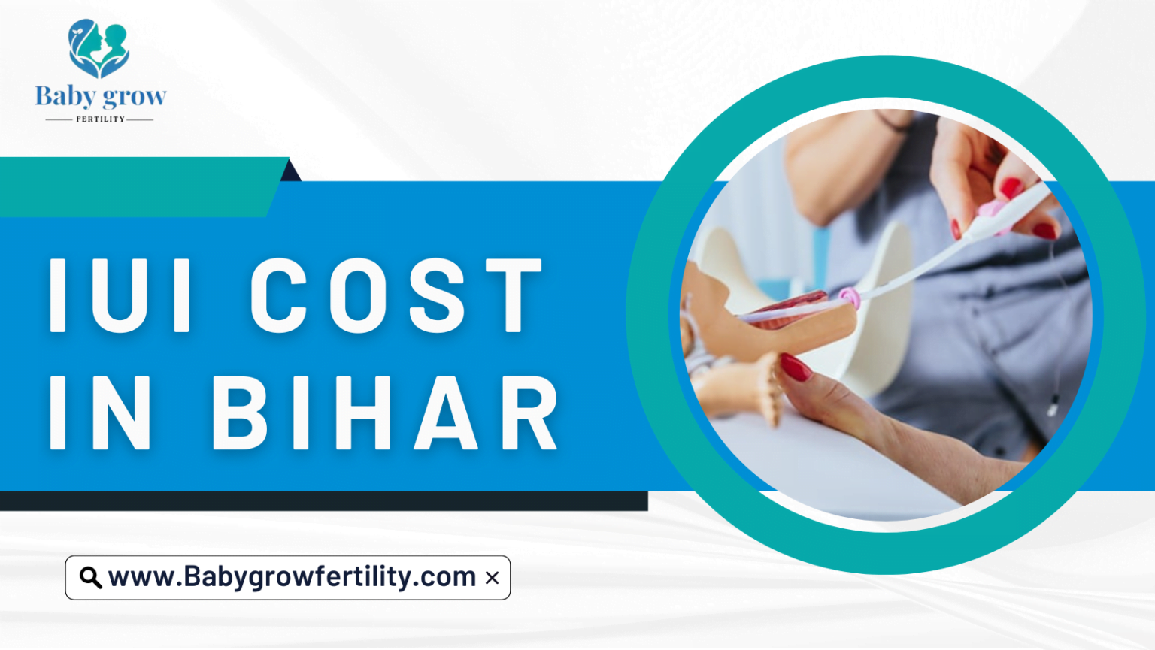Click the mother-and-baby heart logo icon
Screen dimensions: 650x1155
(x=99, y=49)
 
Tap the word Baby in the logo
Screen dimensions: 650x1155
(x=65, y=97)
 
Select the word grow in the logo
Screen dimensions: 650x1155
(x=135, y=97)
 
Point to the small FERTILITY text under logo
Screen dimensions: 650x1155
(x=100, y=119)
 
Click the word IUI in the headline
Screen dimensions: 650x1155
(x=121, y=295)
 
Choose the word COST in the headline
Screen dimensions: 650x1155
(x=396, y=295)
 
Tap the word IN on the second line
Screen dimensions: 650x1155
(x=101, y=413)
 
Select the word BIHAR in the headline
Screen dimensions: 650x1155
(x=385, y=413)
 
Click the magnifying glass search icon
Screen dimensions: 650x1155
(x=90, y=578)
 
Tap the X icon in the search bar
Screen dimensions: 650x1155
(x=492, y=578)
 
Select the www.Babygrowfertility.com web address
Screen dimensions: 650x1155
(x=292, y=577)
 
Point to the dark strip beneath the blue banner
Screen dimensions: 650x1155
(x=323, y=501)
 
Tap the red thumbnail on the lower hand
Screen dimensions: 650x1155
(x=795, y=367)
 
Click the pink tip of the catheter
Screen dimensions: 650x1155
(x=850, y=298)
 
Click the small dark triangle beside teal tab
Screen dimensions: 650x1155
(x=291, y=172)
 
